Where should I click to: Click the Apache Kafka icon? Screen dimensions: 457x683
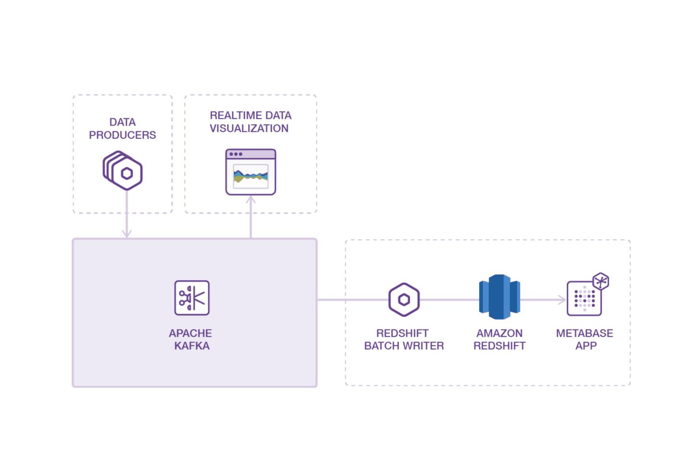click(191, 298)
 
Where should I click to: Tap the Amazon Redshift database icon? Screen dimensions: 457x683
click(499, 297)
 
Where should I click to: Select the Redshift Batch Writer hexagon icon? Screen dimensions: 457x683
click(404, 299)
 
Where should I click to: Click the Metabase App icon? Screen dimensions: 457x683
click(584, 298)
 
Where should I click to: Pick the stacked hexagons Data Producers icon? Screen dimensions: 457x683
click(123, 171)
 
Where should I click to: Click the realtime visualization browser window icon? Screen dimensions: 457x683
click(251, 172)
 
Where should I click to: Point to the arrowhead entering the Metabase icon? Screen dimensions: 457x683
click(562, 300)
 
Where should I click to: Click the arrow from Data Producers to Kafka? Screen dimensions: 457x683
click(126, 216)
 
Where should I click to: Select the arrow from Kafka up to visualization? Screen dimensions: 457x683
click(251, 219)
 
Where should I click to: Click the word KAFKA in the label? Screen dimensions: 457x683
click(191, 346)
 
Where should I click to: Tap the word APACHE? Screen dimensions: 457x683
click(190, 333)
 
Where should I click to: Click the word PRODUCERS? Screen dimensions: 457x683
click(122, 135)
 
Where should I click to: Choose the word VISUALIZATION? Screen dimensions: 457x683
click(249, 128)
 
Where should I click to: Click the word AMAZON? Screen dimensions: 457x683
click(499, 333)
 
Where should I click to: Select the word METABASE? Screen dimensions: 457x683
click(584, 333)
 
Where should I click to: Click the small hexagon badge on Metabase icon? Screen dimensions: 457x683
click(601, 281)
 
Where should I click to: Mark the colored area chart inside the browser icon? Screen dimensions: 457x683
click(251, 176)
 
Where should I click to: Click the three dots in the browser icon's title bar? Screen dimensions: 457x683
click(236, 154)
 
